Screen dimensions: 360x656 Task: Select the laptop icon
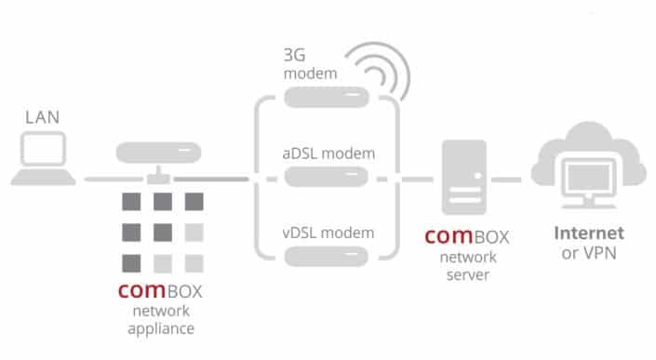pos(43,159)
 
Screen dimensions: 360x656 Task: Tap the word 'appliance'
pos(162,327)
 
